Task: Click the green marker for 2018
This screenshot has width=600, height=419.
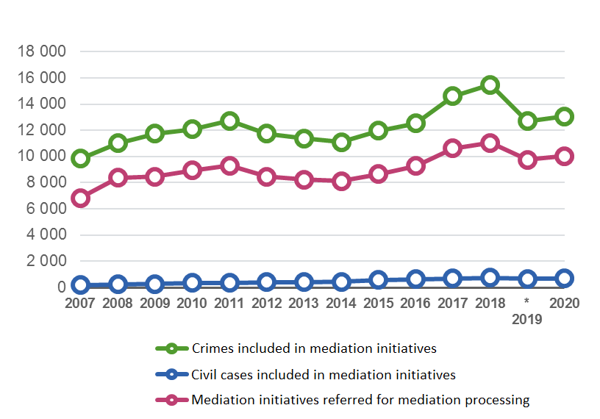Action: tap(490, 85)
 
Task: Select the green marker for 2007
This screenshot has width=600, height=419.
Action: tap(81, 159)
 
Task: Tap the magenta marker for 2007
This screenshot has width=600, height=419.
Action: tap(81, 198)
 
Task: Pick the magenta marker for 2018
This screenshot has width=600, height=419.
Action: tap(490, 143)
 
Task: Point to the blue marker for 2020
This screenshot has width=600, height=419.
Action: tap(564, 278)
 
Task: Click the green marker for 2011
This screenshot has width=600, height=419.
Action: tap(229, 121)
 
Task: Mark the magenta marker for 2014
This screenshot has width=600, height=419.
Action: tap(341, 182)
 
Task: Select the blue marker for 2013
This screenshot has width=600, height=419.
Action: tap(304, 282)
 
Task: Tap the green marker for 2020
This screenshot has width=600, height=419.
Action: tap(564, 116)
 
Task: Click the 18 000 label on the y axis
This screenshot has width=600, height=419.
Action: tap(43, 51)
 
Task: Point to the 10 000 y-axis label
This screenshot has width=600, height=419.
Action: tap(43, 156)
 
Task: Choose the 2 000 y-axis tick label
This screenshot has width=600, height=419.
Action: tap(46, 261)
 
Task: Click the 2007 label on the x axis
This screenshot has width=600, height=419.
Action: tap(81, 303)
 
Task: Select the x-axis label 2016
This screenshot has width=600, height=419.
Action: tap(415, 303)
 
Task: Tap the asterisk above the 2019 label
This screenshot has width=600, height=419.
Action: tap(526, 302)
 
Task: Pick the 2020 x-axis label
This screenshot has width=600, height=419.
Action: tap(564, 303)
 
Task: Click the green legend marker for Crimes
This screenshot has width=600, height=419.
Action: tap(171, 348)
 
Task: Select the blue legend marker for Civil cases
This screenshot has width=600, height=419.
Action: tap(171, 374)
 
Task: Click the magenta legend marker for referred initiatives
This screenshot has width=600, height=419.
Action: tap(171, 401)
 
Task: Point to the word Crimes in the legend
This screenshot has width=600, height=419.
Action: tap(212, 348)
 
